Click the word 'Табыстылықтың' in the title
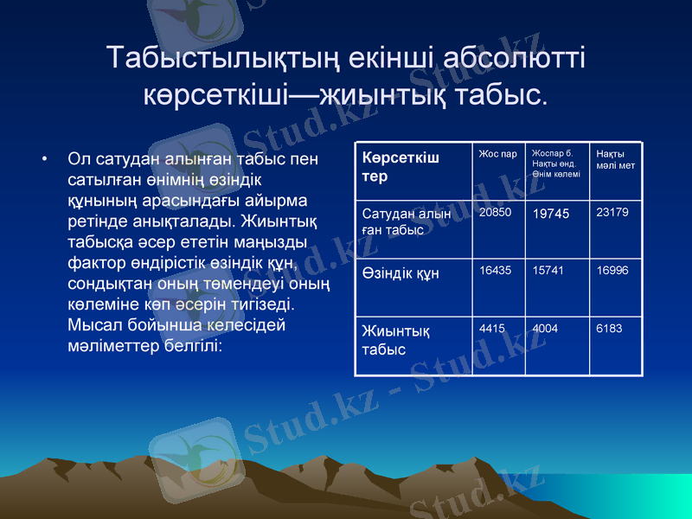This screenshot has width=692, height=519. tap(225, 58)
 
